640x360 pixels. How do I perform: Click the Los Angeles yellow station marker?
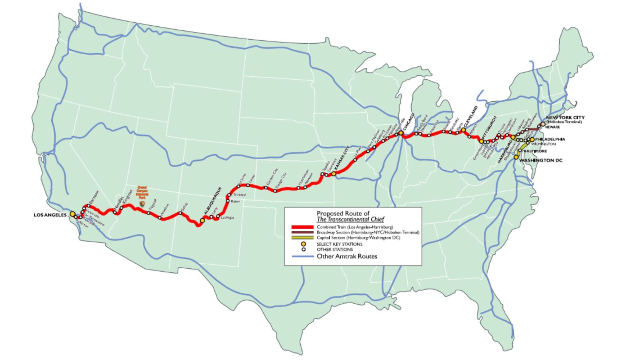click(72, 214)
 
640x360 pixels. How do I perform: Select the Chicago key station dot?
click(400, 133)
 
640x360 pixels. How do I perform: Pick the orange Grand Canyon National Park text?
click(142, 192)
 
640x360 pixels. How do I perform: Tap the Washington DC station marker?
click(516, 157)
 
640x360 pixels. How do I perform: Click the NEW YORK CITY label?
click(565, 118)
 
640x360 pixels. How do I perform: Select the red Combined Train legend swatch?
click(302, 227)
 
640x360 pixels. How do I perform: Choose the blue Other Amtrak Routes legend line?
click(302, 256)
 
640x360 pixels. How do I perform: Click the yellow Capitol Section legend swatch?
click(302, 238)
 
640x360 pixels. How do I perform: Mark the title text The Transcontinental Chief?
click(350, 219)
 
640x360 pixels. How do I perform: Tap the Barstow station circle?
click(88, 206)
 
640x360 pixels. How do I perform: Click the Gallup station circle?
click(180, 213)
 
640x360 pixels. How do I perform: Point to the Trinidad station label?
click(240, 195)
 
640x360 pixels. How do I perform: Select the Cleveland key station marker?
click(463, 130)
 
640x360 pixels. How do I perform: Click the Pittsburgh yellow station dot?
click(481, 141)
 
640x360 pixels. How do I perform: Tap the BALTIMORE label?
click(535, 151)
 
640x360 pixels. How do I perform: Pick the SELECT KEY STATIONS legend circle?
click(304, 244)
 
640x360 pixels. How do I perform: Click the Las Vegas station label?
click(227, 218)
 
